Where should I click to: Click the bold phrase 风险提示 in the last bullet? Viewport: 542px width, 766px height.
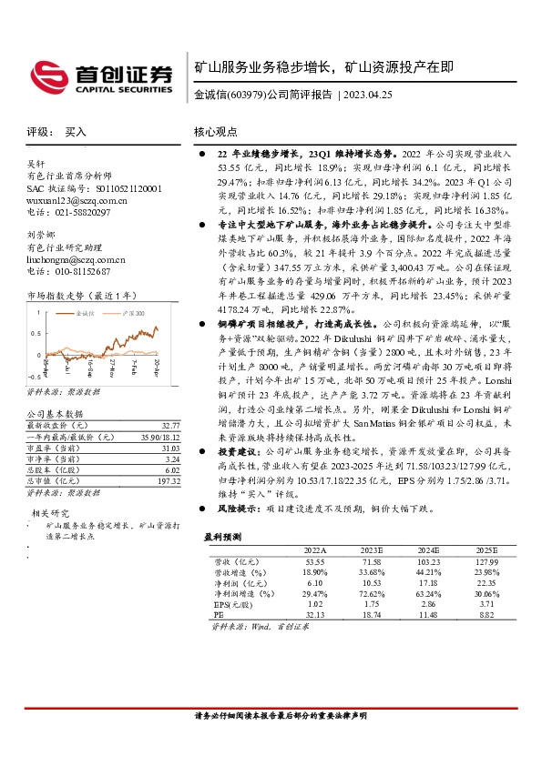(x=238, y=510)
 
